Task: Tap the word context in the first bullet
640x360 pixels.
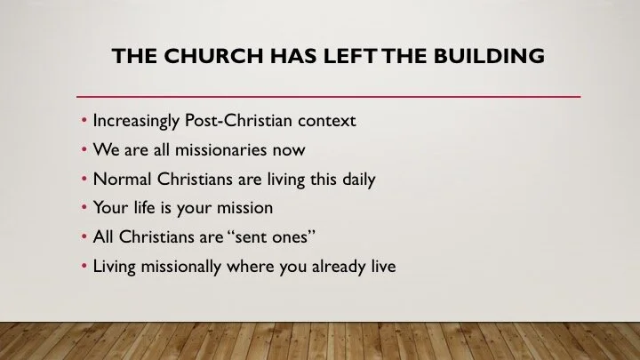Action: coord(325,120)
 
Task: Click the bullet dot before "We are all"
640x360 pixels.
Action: coord(84,149)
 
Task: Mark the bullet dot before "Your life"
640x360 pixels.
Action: coord(84,208)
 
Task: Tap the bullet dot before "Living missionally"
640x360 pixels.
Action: coord(84,267)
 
